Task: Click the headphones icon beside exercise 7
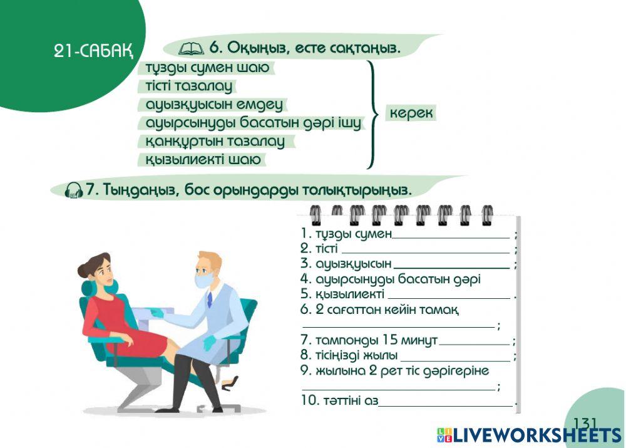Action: pyautogui.click(x=74, y=189)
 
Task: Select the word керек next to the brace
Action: pyautogui.click(x=411, y=113)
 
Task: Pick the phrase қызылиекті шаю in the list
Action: pyautogui.click(x=203, y=159)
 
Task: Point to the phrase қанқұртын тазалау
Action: pyautogui.click(x=215, y=141)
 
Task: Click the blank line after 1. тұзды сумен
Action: pyautogui.click(x=451, y=237)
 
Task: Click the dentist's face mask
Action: pyautogui.click(x=202, y=281)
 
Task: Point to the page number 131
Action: pyautogui.click(x=585, y=423)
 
